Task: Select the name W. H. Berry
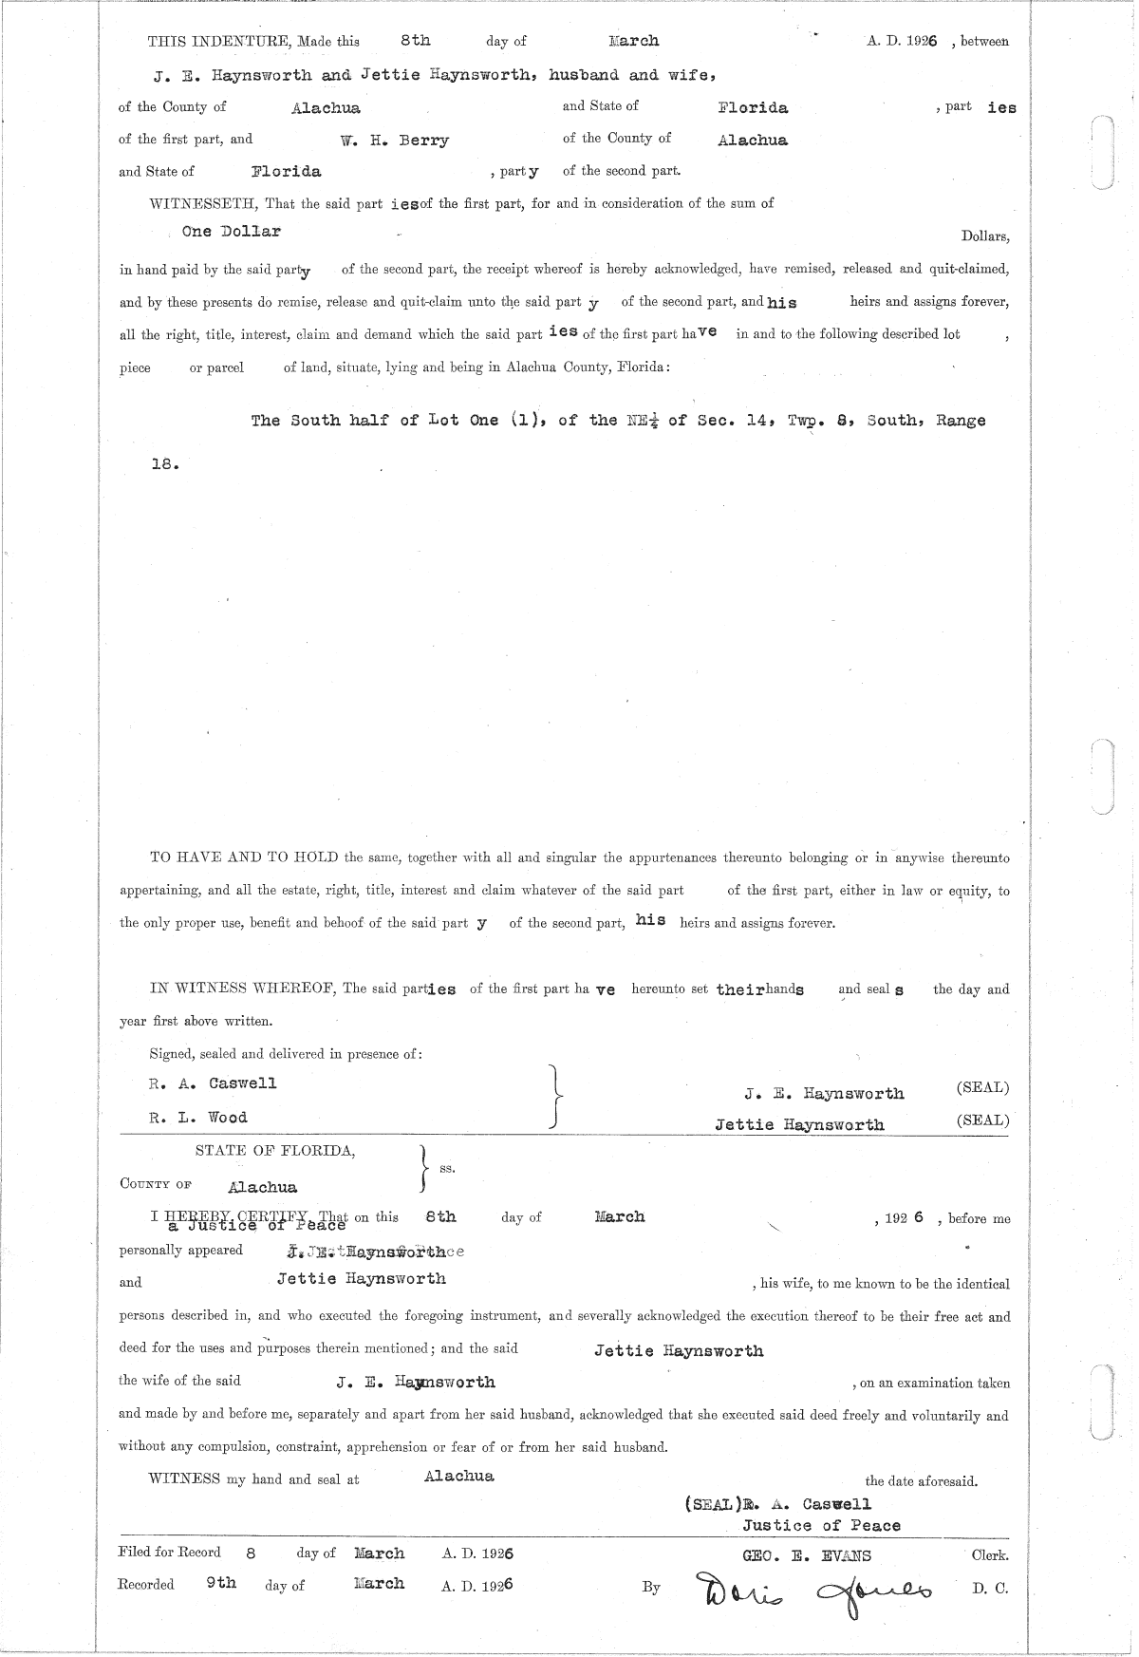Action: tap(395, 141)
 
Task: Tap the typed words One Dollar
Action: tap(232, 232)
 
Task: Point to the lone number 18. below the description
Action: tap(164, 465)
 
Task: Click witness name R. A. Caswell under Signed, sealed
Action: tap(213, 1083)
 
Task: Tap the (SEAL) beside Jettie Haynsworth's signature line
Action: tap(982, 1120)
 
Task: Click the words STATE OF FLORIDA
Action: tap(275, 1151)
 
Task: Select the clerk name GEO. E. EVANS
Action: tap(807, 1555)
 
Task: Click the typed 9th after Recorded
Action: tap(221, 1583)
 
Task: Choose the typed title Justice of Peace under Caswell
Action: tap(821, 1526)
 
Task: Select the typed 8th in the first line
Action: tap(415, 41)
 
